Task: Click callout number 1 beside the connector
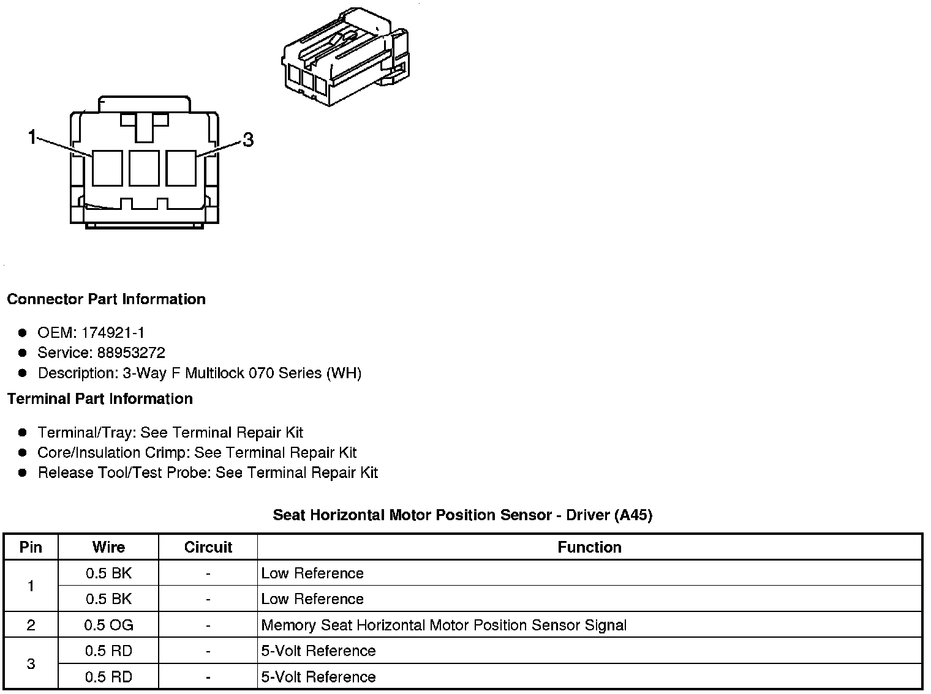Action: tap(32, 138)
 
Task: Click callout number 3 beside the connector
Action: tap(247, 140)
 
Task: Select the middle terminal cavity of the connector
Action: tap(144, 167)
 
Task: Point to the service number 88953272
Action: tap(131, 353)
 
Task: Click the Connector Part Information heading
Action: tap(106, 299)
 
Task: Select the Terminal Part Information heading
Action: tap(100, 399)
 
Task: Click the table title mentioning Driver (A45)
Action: tap(462, 515)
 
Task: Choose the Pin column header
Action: tap(31, 547)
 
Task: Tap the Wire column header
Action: tap(108, 547)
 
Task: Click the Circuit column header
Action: tap(208, 547)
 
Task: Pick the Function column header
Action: tap(589, 547)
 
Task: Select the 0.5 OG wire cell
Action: tap(108, 625)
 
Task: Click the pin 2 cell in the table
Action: tap(31, 625)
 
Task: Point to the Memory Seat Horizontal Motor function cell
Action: tap(443, 625)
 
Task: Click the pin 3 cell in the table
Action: tap(31, 664)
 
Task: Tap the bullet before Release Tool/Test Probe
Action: tap(23, 473)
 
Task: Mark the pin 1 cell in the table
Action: tap(31, 586)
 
